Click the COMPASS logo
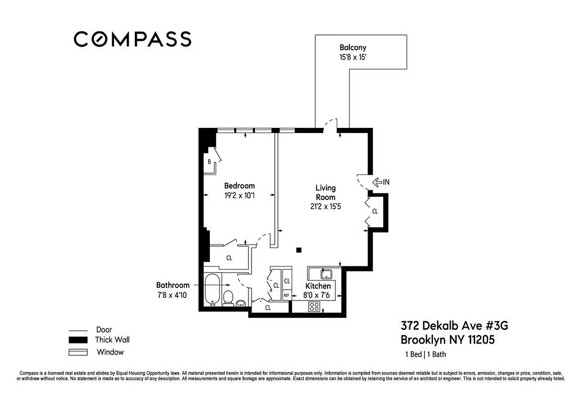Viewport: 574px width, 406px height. coord(132,39)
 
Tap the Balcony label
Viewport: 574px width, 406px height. coord(353,48)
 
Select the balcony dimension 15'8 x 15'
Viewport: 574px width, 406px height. coord(353,58)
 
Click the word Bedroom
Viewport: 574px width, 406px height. coord(239,186)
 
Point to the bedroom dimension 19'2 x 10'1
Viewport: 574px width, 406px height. coord(239,195)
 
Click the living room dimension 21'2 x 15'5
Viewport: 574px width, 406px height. coord(326,207)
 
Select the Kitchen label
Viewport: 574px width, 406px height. coord(318,286)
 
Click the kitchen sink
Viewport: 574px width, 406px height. coord(326,275)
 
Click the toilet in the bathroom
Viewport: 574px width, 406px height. coord(228,298)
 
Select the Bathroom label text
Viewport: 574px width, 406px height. coord(172,285)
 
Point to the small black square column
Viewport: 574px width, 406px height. coord(299,250)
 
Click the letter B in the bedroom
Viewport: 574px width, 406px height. coord(209,162)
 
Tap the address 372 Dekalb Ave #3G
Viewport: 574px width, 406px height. coord(454,325)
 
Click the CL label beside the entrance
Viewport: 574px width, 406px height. coord(375,211)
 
